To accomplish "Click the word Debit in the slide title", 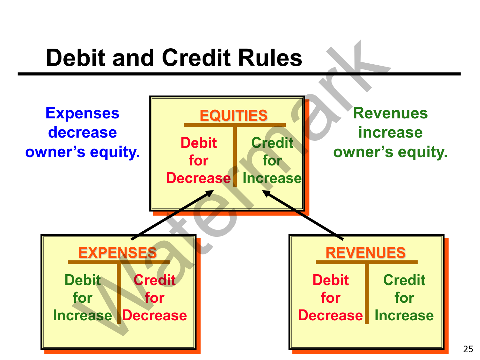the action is pyautogui.click(x=76, y=58).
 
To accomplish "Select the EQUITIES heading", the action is pyautogui.click(x=234, y=116).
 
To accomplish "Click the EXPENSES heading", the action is pyautogui.click(x=117, y=253).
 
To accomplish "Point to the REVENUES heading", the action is pyautogui.click(x=365, y=253).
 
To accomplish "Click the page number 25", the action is pyautogui.click(x=468, y=349).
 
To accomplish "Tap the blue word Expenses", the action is pyautogui.click(x=82, y=113).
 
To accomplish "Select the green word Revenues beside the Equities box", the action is pyautogui.click(x=390, y=113).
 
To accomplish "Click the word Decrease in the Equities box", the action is pyautogui.click(x=198, y=178).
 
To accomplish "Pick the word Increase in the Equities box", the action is pyautogui.click(x=272, y=178).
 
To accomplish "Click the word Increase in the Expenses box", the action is pyautogui.click(x=83, y=316).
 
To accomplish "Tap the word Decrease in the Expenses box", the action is pyautogui.click(x=155, y=316).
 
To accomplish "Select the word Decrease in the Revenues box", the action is pyautogui.click(x=331, y=316).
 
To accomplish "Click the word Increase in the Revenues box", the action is pyautogui.click(x=404, y=316).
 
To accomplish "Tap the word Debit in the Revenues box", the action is pyautogui.click(x=331, y=280).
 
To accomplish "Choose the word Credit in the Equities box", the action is pyautogui.click(x=272, y=143).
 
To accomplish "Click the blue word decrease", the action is pyautogui.click(x=82, y=132).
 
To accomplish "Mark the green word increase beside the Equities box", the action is pyautogui.click(x=390, y=132).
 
